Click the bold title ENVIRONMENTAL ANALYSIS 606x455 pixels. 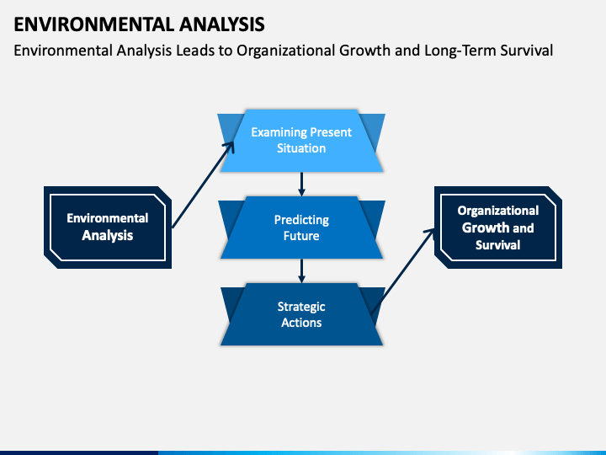point(139,24)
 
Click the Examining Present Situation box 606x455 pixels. point(301,141)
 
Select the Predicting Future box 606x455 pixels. point(301,227)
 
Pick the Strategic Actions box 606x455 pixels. point(301,314)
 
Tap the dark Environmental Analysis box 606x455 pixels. point(108,227)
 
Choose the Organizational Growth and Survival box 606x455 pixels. point(498,227)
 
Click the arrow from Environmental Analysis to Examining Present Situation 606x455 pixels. point(203,185)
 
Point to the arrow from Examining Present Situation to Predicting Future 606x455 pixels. point(302,185)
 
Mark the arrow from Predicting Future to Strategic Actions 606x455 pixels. point(302,270)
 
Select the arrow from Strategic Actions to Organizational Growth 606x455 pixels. point(402,271)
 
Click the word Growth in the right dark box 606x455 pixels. point(486,227)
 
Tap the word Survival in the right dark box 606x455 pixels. point(497,245)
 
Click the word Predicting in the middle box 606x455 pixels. point(301,220)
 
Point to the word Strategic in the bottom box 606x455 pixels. point(301,307)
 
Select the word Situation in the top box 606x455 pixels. point(301,148)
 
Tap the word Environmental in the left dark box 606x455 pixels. point(108,218)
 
